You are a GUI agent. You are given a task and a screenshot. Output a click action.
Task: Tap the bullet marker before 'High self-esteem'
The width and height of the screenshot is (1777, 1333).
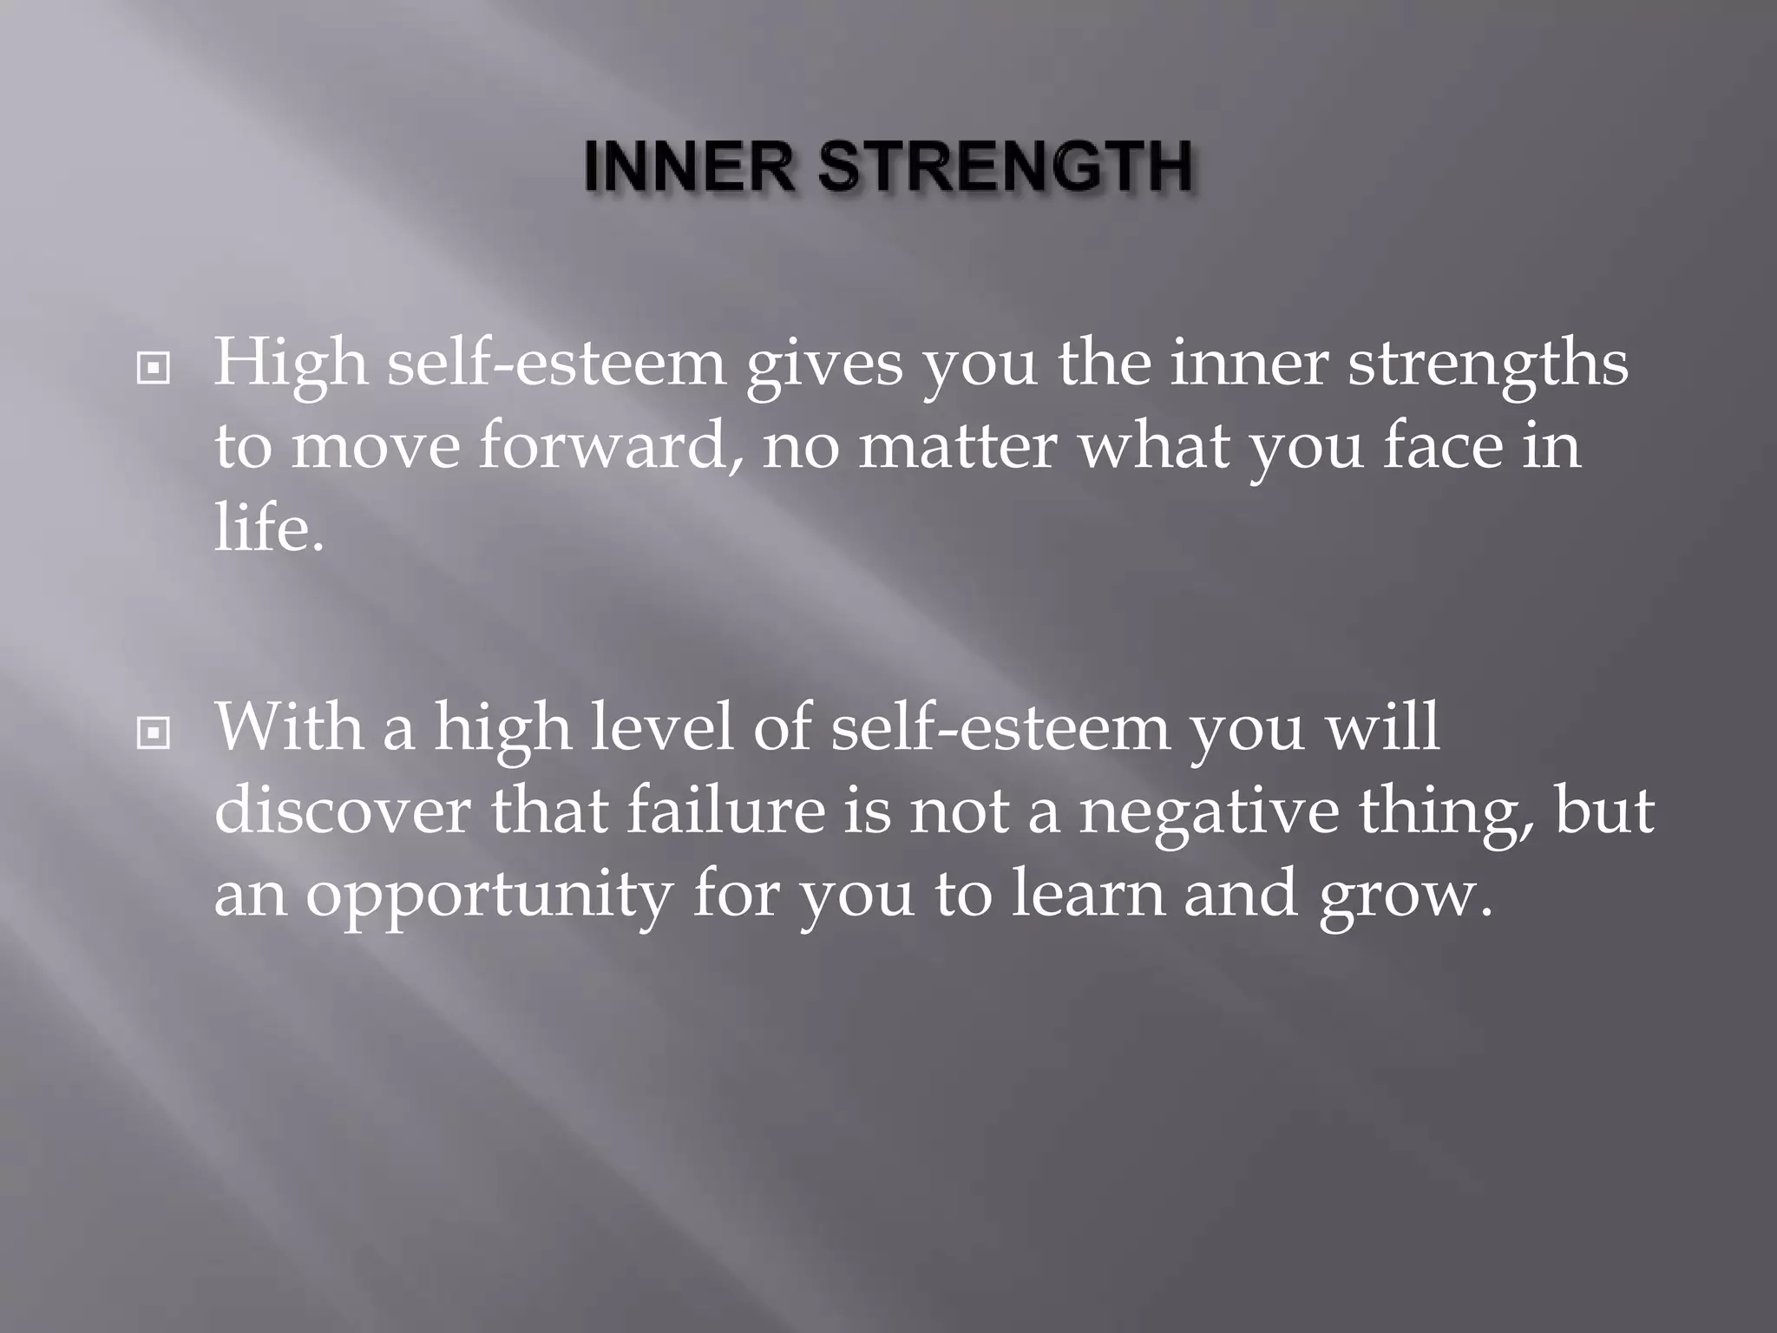[154, 370]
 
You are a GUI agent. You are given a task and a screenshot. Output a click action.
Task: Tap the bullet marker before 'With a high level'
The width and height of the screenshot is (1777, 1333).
[154, 734]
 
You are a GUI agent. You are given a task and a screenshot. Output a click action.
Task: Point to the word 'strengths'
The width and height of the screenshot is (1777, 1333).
[1487, 364]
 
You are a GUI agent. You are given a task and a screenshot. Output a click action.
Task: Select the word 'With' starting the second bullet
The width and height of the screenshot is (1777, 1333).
[290, 727]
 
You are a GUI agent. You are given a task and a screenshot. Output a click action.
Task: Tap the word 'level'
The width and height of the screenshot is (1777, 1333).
[662, 727]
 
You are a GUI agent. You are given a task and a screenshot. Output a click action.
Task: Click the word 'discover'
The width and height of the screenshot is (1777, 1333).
[343, 811]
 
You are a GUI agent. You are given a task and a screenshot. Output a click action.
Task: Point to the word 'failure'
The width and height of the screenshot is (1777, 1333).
[725, 811]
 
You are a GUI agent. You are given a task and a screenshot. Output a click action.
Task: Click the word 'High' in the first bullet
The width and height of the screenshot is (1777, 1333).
[291, 364]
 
